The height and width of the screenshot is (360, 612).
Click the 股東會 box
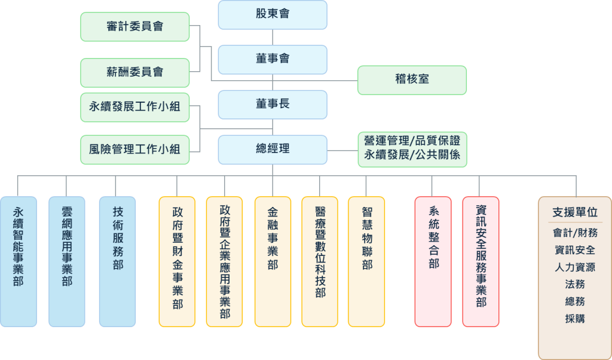(272, 14)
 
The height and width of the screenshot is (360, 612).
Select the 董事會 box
(272, 59)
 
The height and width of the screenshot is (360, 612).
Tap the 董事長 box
(272, 104)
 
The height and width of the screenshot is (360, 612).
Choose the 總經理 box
(272, 149)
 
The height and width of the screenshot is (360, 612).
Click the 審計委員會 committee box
(134, 27)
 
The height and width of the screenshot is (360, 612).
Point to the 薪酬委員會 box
(134, 72)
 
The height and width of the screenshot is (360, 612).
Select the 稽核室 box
(412, 80)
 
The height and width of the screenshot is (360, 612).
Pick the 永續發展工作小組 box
(134, 108)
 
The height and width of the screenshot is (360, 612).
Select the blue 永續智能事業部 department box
(19, 261)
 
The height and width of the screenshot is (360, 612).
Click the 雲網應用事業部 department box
(66, 261)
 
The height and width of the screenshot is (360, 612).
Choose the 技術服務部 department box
(118, 261)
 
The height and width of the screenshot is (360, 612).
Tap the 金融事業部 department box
(273, 261)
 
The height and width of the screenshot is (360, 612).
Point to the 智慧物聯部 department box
(366, 261)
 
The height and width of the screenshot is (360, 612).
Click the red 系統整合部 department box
(433, 261)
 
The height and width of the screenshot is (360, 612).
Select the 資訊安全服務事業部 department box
(481, 261)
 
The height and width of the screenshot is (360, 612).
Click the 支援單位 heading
(574, 212)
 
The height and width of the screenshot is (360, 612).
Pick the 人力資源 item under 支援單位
(574, 267)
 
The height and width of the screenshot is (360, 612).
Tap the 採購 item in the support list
(574, 319)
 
